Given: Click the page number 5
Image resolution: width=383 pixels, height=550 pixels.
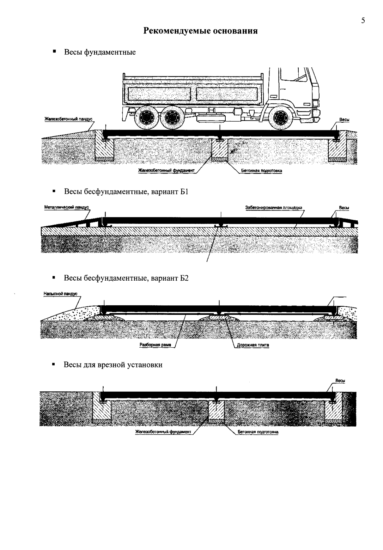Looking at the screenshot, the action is coord(363,20).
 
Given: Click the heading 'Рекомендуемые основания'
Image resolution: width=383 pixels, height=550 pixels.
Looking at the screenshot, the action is coord(200,31).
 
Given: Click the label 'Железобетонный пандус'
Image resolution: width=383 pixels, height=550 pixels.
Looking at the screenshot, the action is coord(68,119).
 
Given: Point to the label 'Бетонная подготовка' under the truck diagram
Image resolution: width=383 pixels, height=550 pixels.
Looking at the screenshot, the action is coord(261,170).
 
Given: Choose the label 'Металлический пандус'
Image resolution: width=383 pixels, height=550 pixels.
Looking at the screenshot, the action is coord(67,207).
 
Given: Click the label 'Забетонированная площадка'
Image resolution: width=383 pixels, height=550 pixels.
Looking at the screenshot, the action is coord(274,207).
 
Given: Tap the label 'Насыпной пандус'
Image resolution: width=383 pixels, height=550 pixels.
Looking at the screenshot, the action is coord(60,294).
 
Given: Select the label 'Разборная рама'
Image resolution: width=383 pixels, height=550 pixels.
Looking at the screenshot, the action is coord(155,345).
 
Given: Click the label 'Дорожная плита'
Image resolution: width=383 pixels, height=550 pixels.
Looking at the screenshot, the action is coord(253,345).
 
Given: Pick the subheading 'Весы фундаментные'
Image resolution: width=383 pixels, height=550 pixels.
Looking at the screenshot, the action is coord(100,52).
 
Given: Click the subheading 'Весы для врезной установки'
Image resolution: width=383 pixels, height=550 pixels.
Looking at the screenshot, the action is coord(113,365).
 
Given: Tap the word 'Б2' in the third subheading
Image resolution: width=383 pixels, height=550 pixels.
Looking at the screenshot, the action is coord(184,278).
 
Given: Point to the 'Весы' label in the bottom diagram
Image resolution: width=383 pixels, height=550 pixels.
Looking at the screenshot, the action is coord(340,380).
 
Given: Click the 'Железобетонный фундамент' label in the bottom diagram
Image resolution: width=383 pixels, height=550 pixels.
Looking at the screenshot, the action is coord(163,432).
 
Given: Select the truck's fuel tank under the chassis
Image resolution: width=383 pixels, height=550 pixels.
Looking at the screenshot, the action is coord(211,118).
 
